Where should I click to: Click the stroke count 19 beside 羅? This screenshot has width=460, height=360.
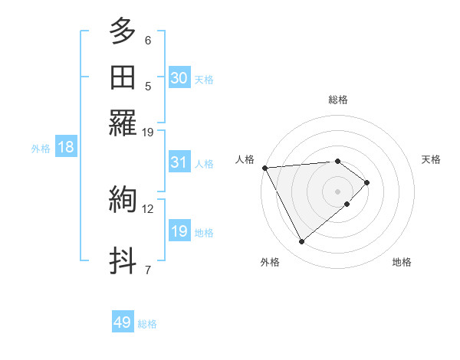148,132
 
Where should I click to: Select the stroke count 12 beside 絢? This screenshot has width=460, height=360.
148,208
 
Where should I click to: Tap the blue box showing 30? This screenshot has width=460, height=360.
179,78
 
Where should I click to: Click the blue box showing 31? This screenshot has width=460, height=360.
179,162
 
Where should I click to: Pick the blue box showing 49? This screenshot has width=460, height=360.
123,323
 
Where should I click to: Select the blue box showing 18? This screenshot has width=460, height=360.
66,148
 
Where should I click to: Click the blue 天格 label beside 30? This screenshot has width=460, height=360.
204,79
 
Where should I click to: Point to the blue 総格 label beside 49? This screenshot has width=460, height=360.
147,324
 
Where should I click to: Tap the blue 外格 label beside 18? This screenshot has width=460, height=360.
41,149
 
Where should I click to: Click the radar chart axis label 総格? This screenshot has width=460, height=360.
338,100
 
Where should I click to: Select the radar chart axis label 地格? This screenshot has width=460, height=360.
402,262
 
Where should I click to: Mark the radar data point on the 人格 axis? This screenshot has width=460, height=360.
264,168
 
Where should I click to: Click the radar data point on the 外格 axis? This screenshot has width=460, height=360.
301,242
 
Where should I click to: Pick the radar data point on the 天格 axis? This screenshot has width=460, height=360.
368,182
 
